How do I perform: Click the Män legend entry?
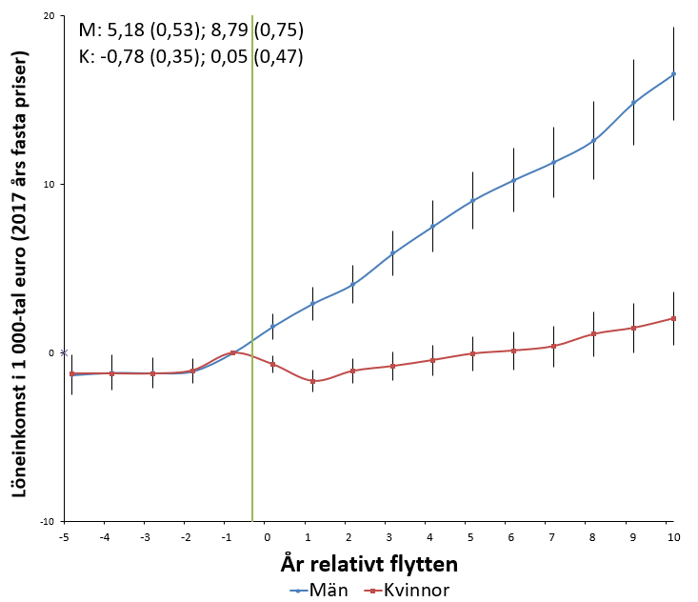pos(319,591)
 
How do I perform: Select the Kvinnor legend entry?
pos(407,591)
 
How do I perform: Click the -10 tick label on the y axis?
pos(47,521)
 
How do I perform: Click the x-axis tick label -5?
pos(64,537)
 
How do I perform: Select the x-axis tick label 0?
pos(267,537)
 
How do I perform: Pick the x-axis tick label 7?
pos(551,537)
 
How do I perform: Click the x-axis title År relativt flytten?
pos(369,564)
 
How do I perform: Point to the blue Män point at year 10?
pos(673,74)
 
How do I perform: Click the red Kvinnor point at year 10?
pos(673,318)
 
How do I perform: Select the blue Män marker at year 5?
pos(472,200)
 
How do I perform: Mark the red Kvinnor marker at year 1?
pos(312,381)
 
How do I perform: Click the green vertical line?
pos(252,268)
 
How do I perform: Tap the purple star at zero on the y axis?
pos(64,352)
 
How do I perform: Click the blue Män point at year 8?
pos(593,141)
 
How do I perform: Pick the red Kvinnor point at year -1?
pos(232,352)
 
